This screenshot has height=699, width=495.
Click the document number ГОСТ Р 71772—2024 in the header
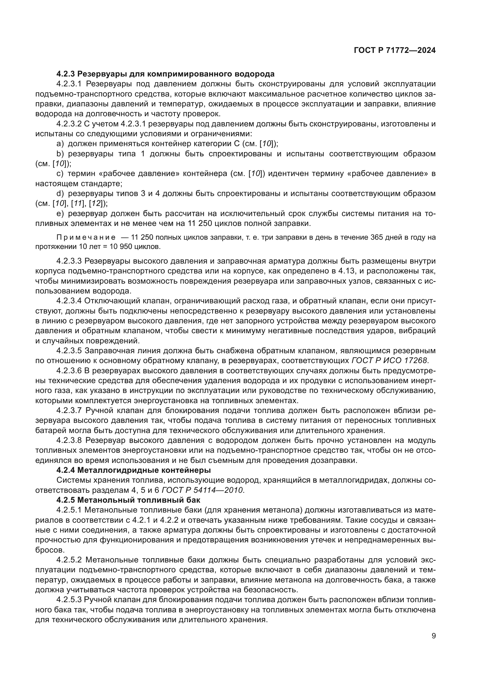click(x=394, y=51)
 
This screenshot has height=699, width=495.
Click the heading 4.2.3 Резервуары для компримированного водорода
click(x=165, y=74)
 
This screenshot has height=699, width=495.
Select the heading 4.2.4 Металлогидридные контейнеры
click(x=133, y=470)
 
